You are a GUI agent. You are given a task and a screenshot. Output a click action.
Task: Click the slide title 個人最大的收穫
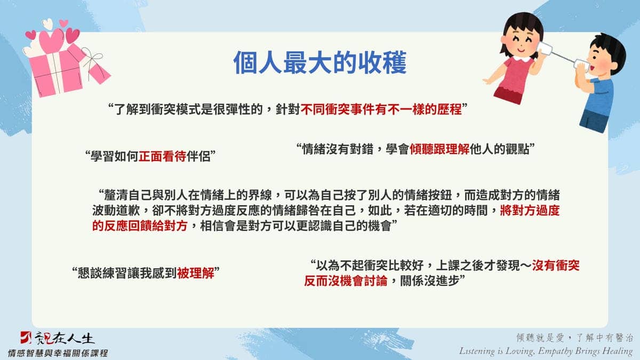(320, 63)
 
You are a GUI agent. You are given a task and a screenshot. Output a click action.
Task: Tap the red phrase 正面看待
(163, 156)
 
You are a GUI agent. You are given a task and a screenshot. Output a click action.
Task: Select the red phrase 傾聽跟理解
(439, 149)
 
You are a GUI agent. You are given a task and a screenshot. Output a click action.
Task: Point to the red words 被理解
(195, 273)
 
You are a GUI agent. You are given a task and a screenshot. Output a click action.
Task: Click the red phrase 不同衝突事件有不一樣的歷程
(381, 109)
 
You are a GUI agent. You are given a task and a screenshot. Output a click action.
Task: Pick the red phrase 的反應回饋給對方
(140, 226)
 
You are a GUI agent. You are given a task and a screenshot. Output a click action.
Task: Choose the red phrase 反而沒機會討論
(346, 281)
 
